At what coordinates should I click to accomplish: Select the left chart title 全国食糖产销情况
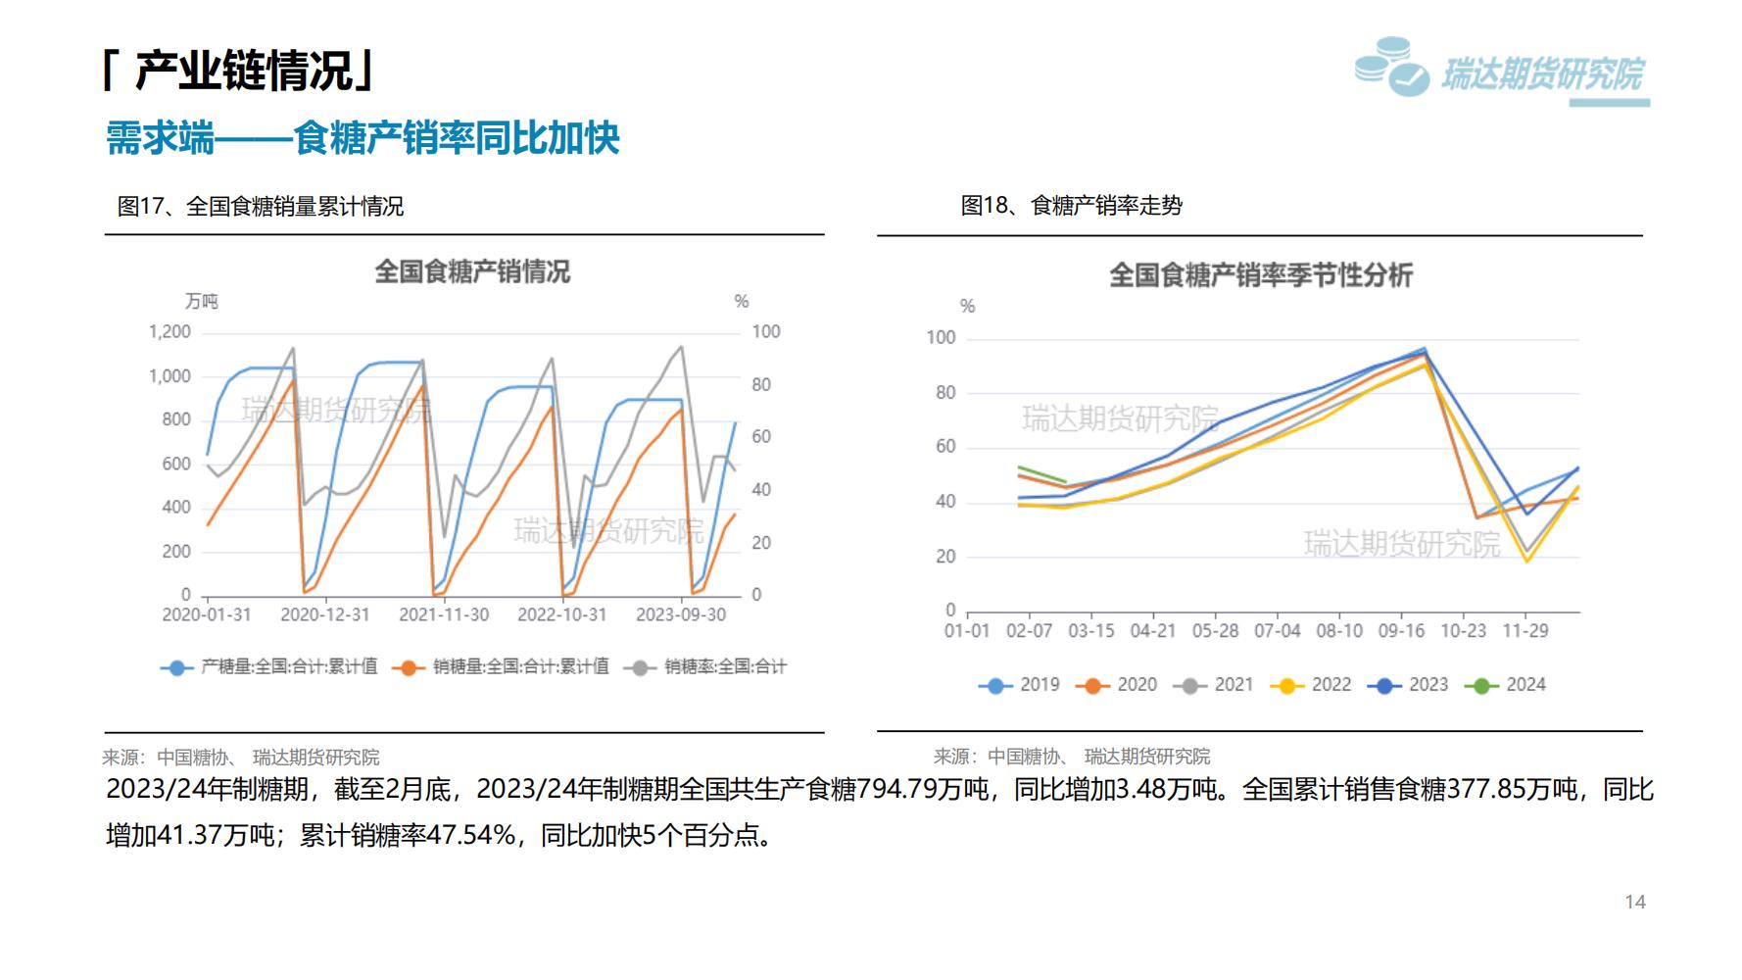pos(472,271)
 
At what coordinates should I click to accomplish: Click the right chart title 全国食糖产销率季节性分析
pos(1261,275)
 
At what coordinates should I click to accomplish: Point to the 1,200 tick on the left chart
pos(169,332)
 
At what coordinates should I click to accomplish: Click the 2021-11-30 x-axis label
pos(444,615)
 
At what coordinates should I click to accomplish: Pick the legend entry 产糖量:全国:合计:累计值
pos(270,667)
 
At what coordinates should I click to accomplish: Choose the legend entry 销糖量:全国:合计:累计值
pos(502,667)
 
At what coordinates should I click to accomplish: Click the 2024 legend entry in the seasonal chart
pos(1507,685)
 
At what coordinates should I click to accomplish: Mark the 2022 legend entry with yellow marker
pos(1312,685)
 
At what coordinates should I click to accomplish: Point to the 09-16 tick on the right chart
pos(1401,631)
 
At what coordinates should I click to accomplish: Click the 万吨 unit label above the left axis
pos(202,302)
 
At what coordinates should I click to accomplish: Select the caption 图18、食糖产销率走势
pos(1072,206)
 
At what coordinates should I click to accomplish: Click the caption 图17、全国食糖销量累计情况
pos(261,207)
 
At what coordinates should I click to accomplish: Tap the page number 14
pos(1635,903)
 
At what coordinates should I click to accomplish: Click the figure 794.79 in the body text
pos(896,790)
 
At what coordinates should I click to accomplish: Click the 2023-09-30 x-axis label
pos(681,615)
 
